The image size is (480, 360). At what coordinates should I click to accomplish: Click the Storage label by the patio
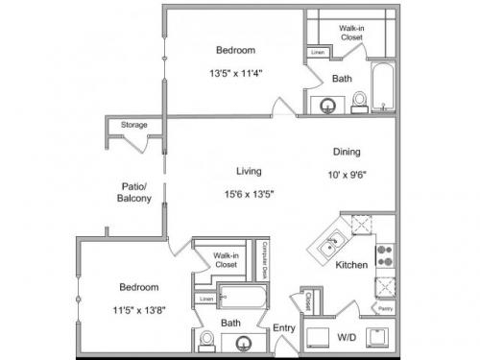[x=133, y=126]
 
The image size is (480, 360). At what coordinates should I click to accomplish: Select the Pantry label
[x=384, y=309]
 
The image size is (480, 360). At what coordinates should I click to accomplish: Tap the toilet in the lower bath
[x=206, y=339]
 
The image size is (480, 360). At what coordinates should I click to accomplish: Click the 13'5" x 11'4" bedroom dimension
[x=234, y=72]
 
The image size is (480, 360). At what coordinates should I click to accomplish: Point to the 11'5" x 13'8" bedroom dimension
[x=138, y=308]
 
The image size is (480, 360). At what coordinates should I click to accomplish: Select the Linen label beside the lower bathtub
[x=206, y=300]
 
